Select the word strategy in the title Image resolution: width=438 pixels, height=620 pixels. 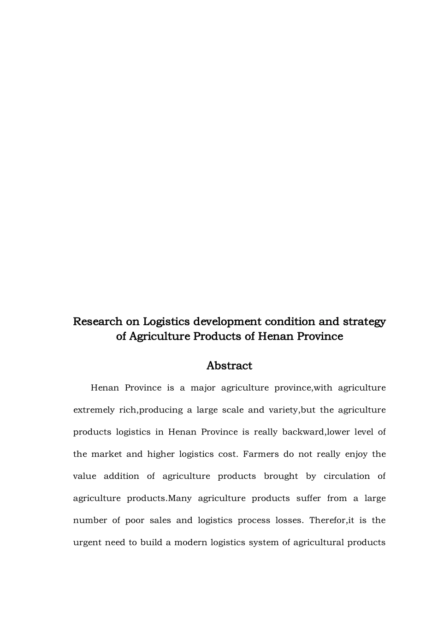tap(364, 322)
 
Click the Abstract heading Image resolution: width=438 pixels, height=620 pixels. tap(229, 366)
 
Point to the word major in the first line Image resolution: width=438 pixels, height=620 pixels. tap(203, 388)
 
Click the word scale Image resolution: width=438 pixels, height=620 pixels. tap(233, 410)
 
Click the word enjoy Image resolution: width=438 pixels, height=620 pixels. tap(356, 454)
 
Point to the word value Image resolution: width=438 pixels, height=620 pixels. tap(84, 477)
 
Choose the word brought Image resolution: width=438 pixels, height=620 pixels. tap(281, 477)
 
